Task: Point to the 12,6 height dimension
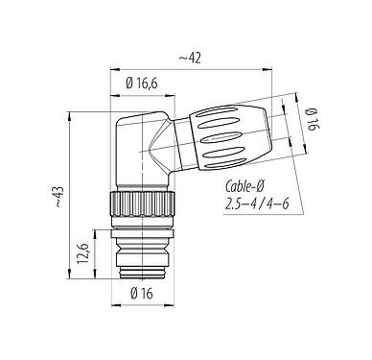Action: click(83, 255)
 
